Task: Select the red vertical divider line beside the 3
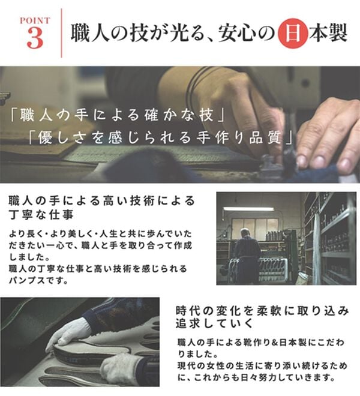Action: [62, 34]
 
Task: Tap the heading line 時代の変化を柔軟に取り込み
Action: [262, 311]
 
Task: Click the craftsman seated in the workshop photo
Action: [247, 252]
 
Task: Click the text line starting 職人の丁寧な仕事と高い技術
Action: [98, 268]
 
